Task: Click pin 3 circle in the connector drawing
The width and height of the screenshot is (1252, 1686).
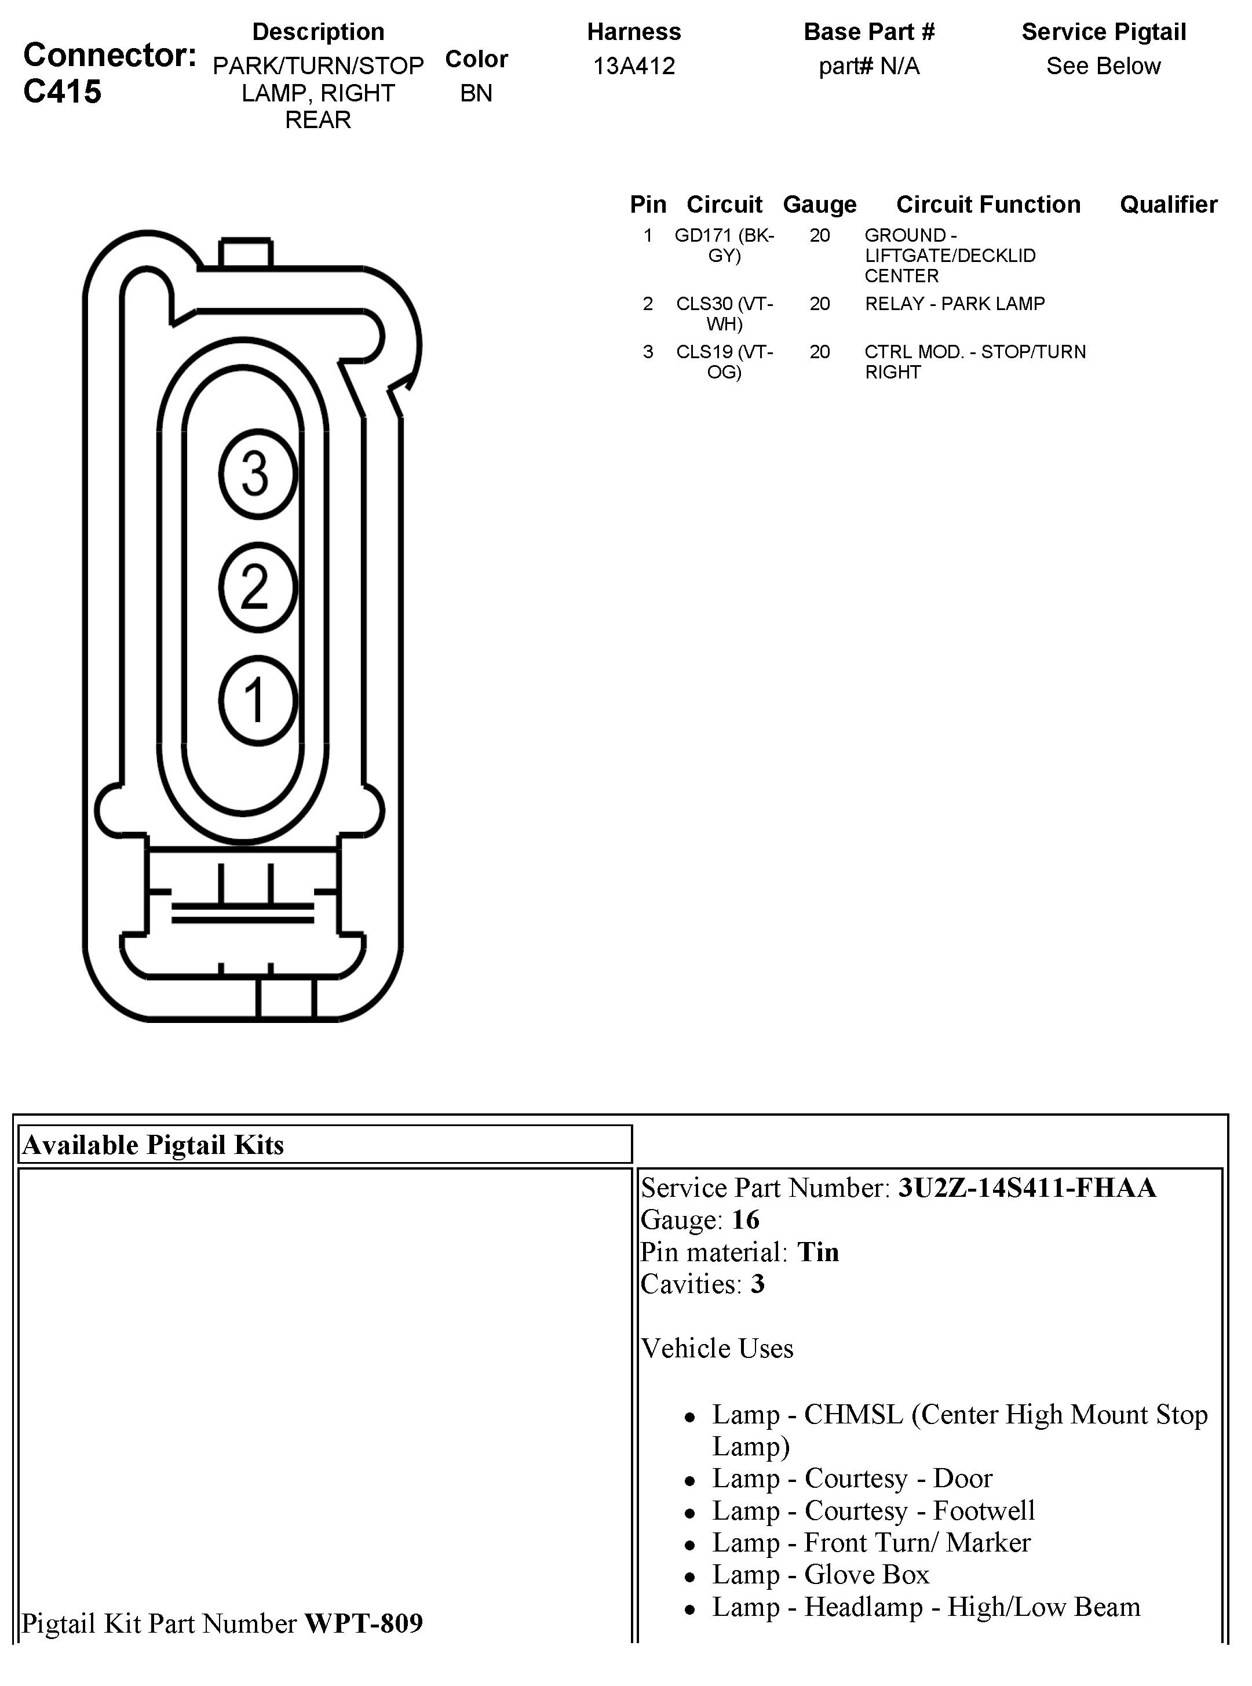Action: [x=258, y=474]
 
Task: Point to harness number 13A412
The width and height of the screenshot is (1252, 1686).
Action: [x=634, y=66]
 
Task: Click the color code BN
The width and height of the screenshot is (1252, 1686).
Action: [x=476, y=93]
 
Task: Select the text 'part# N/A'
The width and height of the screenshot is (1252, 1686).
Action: [x=869, y=67]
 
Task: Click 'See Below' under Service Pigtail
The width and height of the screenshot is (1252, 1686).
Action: [x=1104, y=66]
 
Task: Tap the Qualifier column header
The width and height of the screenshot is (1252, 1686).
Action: [x=1169, y=205]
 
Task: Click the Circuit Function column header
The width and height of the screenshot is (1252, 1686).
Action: [x=988, y=205]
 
